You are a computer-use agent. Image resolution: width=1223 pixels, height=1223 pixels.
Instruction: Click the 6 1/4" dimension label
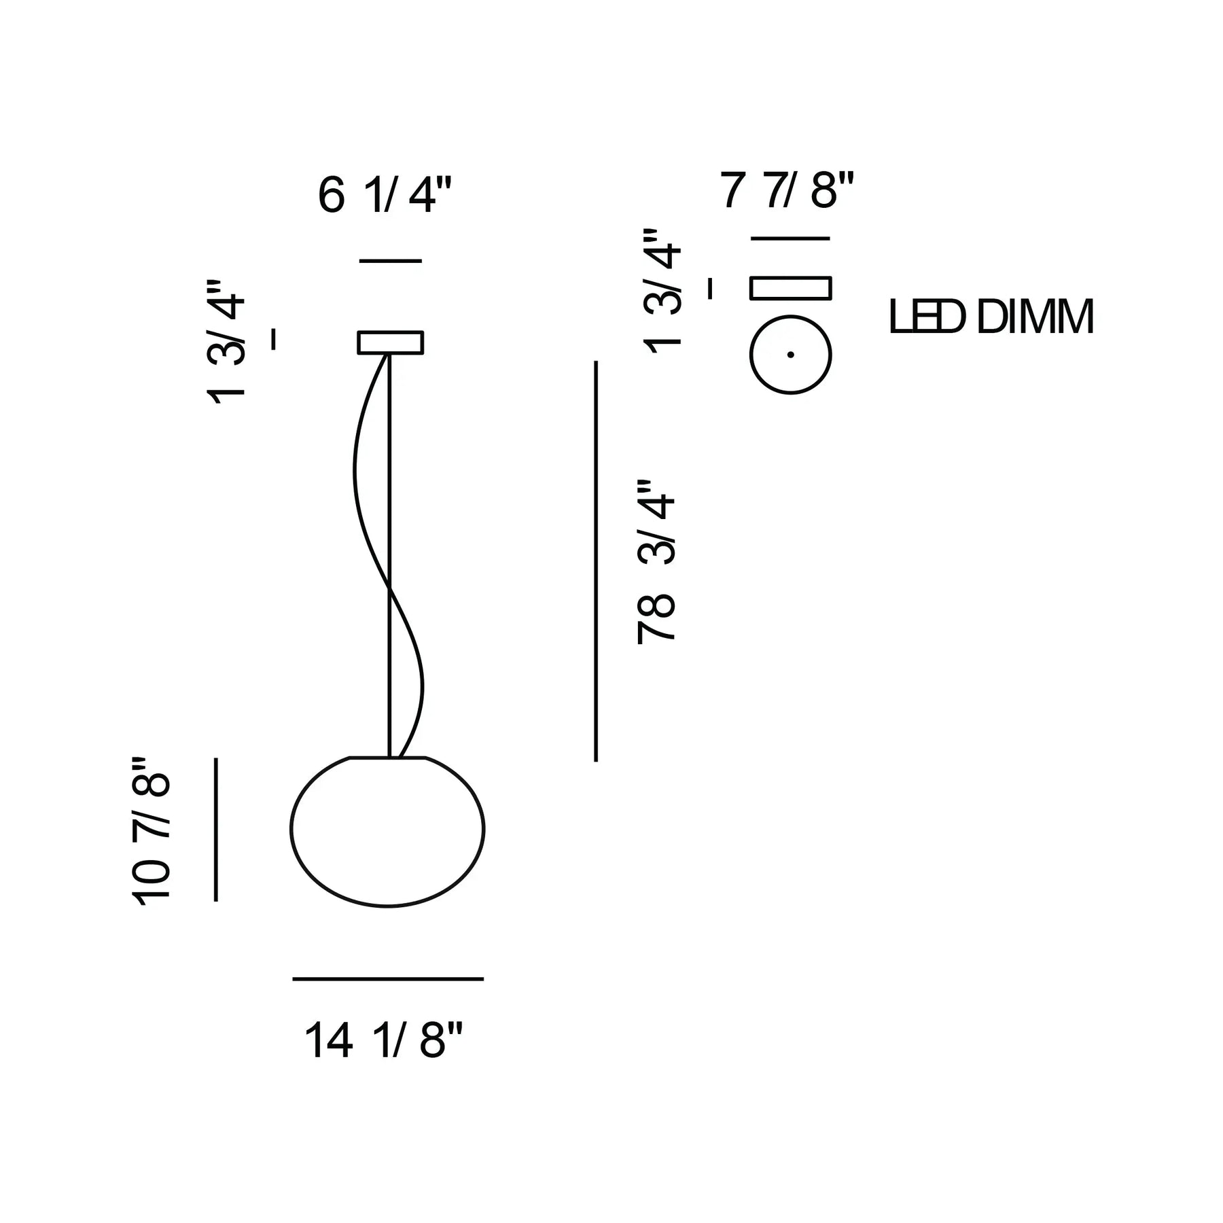point(385,195)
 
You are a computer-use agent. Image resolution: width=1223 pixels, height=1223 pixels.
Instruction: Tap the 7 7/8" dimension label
point(787,191)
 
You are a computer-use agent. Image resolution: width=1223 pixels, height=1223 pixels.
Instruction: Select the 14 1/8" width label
point(383,1040)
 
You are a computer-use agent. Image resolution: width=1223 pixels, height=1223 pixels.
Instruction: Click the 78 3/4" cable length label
point(656,561)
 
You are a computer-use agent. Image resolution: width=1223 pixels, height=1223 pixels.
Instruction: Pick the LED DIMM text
point(992,317)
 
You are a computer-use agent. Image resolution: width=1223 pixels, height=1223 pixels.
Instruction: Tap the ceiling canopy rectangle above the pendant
point(391,342)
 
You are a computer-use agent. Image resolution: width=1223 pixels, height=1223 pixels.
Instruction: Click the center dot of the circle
point(791,354)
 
